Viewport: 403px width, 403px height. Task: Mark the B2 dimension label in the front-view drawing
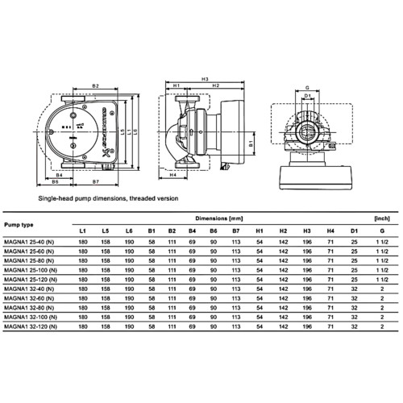click(x=95, y=85)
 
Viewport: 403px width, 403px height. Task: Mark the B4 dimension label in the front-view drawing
click(x=62, y=172)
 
